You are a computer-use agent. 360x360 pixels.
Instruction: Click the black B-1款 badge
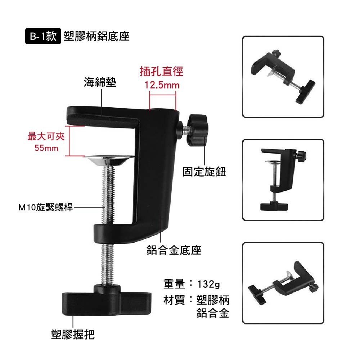[x=43, y=36]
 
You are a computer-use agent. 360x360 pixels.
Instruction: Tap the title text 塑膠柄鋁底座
[x=96, y=36]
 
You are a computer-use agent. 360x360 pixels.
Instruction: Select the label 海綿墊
[x=100, y=82]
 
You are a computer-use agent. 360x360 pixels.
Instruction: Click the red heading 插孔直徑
[x=161, y=71]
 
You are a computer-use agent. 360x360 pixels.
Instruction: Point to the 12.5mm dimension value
[x=162, y=85]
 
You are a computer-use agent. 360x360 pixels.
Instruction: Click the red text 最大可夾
[x=46, y=136]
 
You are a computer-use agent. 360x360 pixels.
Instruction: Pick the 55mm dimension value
[x=46, y=148]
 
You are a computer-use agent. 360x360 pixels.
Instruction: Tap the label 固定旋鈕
[x=204, y=172]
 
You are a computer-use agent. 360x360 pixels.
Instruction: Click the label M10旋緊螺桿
[x=45, y=207]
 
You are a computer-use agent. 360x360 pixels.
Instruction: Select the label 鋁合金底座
[x=174, y=250]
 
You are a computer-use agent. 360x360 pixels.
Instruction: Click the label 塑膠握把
[x=73, y=334]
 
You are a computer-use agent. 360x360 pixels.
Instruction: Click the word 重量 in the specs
[x=174, y=284]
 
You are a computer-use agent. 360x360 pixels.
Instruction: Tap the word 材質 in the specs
[x=174, y=300]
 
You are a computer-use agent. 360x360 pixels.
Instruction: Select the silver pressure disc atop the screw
[x=109, y=160]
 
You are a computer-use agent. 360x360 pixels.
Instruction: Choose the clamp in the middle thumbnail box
[x=283, y=180]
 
